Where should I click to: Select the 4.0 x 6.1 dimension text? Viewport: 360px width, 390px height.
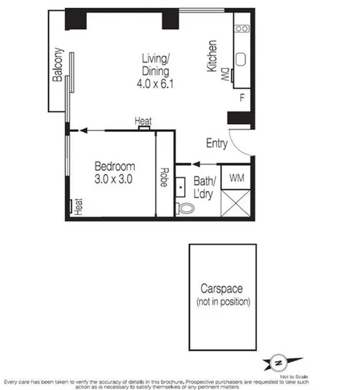coord(155,83)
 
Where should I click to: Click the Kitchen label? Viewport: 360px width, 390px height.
coord(211,56)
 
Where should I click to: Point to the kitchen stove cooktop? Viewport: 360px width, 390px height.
coord(242,29)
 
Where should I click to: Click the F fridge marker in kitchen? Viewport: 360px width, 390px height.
coord(242,97)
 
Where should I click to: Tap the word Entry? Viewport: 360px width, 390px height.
coord(216,144)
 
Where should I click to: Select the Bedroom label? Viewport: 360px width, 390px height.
coord(114,166)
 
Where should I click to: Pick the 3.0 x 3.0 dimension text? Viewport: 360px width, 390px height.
coord(115,179)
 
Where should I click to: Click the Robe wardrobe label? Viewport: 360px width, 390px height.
coord(164,176)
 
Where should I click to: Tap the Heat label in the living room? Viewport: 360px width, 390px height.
coord(143,122)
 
